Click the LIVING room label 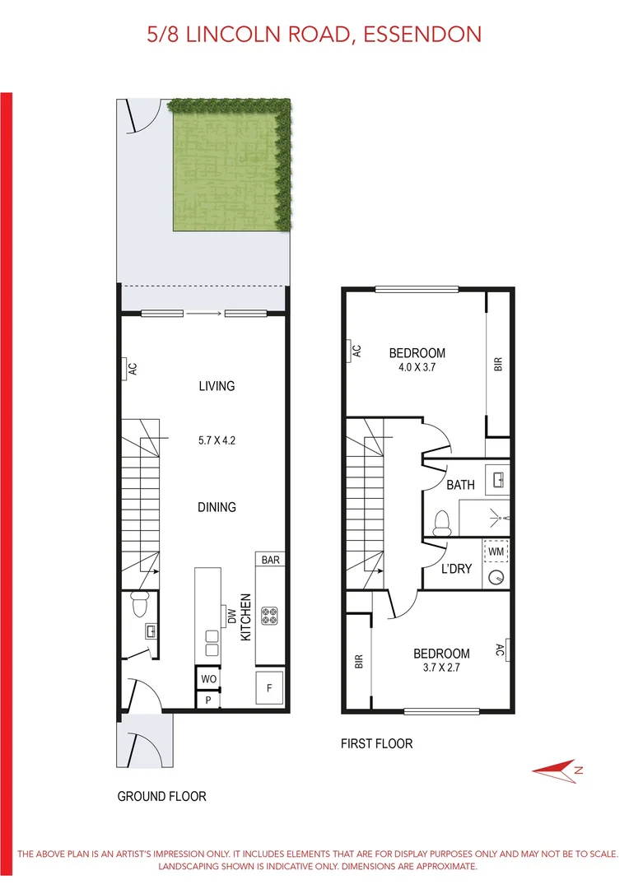[217, 386]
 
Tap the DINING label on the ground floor [217, 507]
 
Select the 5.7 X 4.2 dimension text [217, 440]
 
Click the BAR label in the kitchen [271, 560]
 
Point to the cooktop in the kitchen [269, 616]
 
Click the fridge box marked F [269, 689]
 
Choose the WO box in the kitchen [208, 679]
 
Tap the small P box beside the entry [208, 700]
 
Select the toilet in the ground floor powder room [140, 604]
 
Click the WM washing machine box [496, 548]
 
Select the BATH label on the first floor [460, 485]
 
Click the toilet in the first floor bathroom [441, 521]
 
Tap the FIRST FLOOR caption [376, 743]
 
